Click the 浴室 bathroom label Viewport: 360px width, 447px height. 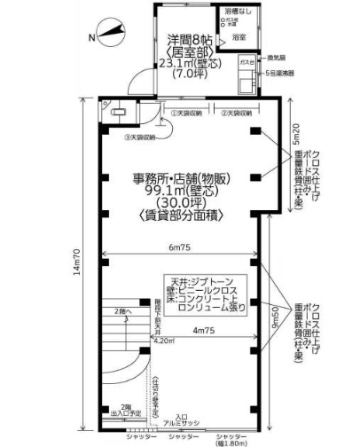[239, 39]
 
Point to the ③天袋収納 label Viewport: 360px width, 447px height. [140, 137]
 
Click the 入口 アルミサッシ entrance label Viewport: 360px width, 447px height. [183, 420]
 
